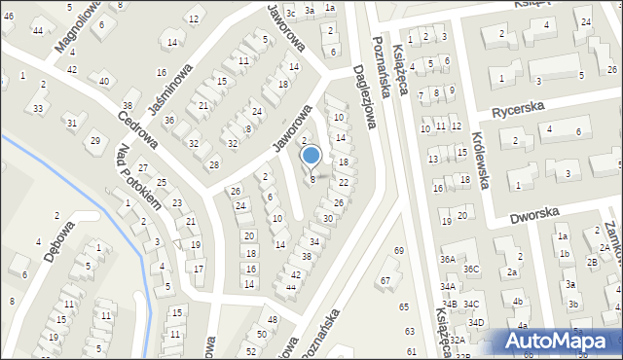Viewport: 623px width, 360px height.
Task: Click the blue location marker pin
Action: (x=311, y=156)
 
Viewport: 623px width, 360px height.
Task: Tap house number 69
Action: (x=398, y=251)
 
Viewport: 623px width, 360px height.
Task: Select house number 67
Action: (x=385, y=280)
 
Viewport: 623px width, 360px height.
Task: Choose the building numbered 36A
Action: (x=448, y=260)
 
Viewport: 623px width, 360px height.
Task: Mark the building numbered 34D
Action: (x=476, y=322)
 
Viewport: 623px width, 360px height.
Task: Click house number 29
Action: (x=94, y=141)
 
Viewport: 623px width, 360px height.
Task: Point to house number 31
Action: (x=71, y=123)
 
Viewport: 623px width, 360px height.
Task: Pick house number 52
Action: (x=250, y=350)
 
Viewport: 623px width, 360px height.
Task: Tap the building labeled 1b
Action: (x=564, y=254)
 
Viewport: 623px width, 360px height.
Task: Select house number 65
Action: (x=405, y=306)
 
